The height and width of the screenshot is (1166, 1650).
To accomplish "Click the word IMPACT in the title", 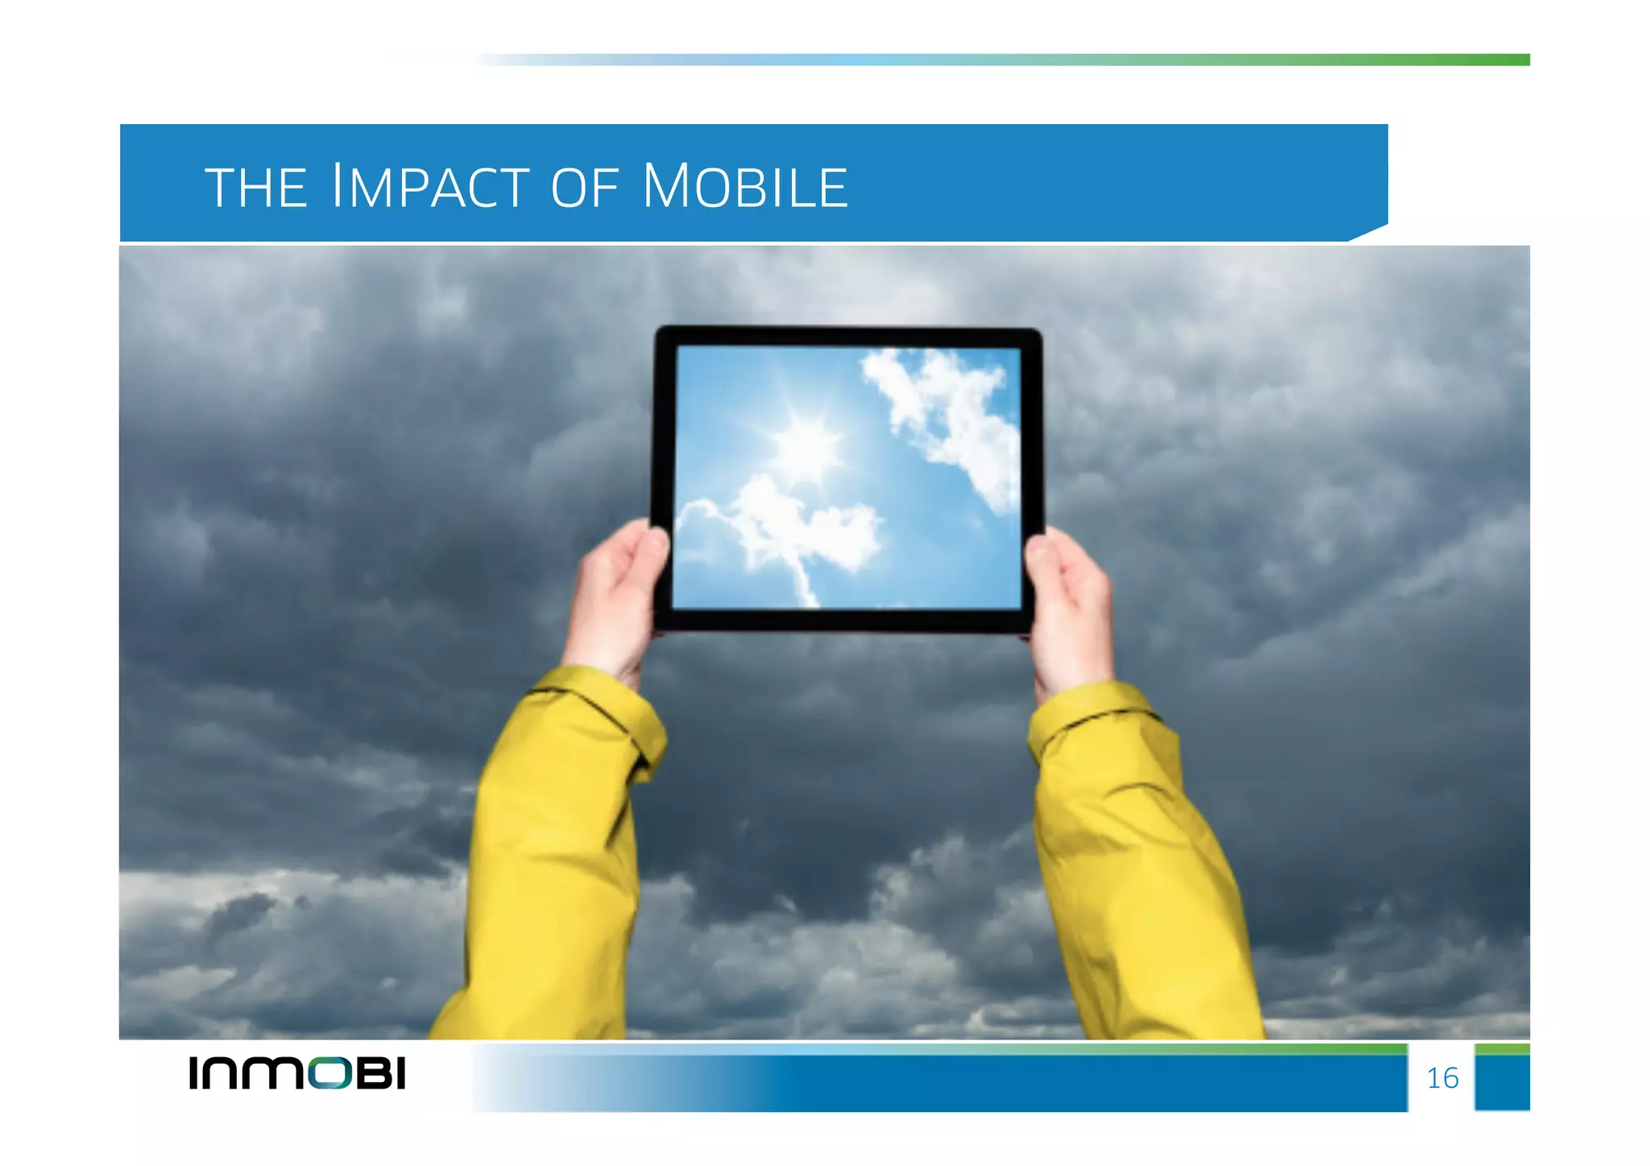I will point(430,187).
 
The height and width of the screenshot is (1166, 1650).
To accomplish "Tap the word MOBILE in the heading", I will point(745,187).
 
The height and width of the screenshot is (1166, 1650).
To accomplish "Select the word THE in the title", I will point(256,189).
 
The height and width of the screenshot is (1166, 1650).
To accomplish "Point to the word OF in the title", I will point(585,189).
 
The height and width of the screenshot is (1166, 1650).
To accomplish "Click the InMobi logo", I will point(297,1073).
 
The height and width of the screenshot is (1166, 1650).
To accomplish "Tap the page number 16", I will point(1442,1078).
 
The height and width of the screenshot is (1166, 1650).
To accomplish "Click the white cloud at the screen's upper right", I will point(947,411).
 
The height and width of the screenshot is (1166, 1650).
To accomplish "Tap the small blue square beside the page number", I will point(1502,1080).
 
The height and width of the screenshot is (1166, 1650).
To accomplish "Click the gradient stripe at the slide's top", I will point(1007,60).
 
